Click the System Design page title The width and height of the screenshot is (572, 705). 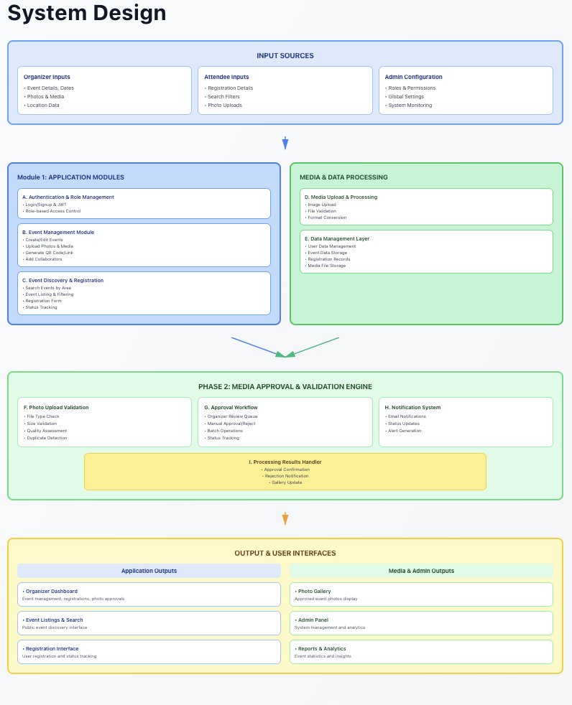point(87,13)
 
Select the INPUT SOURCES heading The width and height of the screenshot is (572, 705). point(285,56)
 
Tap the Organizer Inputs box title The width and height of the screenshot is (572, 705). point(47,77)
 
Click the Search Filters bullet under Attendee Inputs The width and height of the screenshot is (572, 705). point(223,96)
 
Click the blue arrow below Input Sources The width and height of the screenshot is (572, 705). point(285,143)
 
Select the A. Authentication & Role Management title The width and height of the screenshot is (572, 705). point(68,197)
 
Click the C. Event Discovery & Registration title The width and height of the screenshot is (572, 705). point(63,280)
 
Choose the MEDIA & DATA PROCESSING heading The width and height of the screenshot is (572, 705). point(343,177)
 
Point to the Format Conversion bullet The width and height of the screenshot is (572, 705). point(327,218)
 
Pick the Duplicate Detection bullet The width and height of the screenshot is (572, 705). point(47,437)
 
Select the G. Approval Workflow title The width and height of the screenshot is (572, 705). point(231,407)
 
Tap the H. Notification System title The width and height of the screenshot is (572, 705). point(412,407)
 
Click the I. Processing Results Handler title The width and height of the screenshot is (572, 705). point(285,462)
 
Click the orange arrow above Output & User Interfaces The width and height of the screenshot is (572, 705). point(285,518)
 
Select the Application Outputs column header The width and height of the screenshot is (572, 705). point(149,571)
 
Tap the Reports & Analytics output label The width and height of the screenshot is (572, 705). point(320,649)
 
